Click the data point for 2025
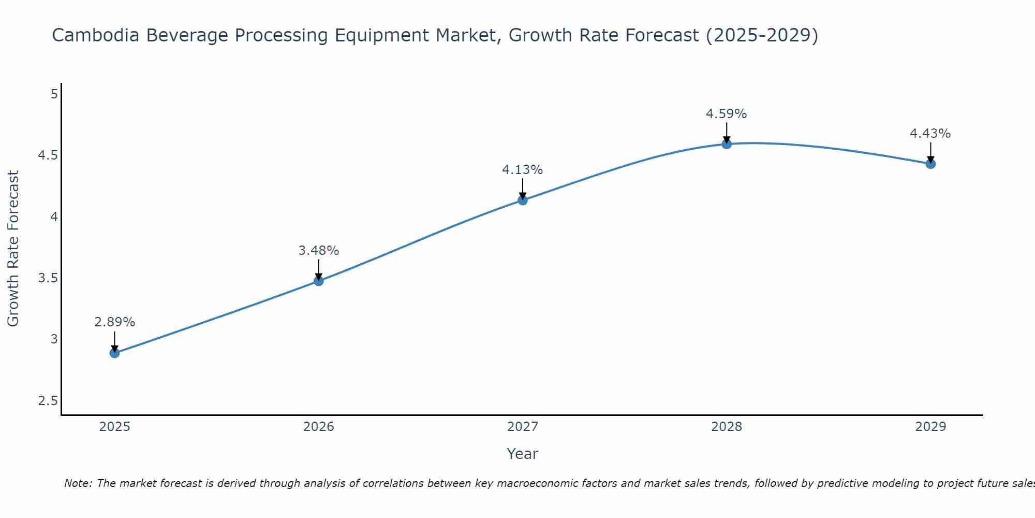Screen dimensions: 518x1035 (114, 353)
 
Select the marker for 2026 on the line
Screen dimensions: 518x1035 (319, 281)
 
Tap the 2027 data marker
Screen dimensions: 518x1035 (523, 200)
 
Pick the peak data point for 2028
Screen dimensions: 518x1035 (727, 144)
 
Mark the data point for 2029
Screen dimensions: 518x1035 (930, 164)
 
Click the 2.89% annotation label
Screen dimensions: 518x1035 (114, 322)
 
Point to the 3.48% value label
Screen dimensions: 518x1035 (319, 251)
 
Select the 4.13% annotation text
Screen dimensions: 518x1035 (523, 170)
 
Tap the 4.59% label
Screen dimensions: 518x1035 (727, 114)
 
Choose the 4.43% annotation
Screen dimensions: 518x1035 (930, 134)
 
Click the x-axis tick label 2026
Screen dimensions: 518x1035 (319, 427)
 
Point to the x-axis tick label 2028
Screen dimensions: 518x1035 (727, 427)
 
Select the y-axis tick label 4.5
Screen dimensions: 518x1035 (48, 155)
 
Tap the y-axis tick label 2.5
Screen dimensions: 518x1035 (48, 401)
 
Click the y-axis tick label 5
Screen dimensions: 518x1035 (54, 94)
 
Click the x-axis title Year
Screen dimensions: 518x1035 (523, 454)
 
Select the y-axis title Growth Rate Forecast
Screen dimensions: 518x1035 (13, 249)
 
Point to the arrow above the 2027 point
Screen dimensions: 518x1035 (523, 189)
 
